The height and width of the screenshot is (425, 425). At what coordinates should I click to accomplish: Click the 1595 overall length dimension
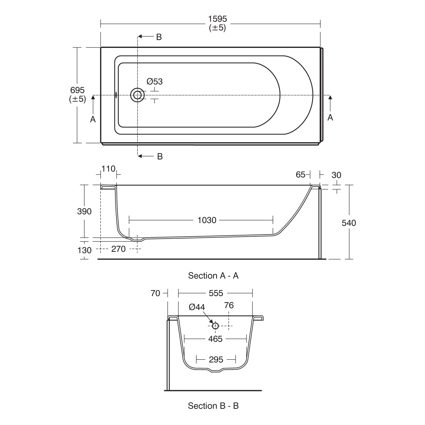click(218, 19)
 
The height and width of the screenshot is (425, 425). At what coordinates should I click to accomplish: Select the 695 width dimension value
click(77, 90)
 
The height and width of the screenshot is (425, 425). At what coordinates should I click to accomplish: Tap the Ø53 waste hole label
click(155, 82)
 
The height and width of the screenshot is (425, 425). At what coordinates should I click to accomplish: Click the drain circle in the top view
click(137, 95)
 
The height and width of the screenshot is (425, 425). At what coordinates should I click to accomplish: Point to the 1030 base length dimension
click(207, 220)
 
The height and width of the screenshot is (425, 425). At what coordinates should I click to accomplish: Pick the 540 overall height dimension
click(349, 223)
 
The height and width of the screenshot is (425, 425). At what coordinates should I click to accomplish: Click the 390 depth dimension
click(84, 211)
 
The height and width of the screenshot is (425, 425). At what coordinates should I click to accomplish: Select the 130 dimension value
click(84, 250)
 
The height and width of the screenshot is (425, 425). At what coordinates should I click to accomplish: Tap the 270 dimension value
click(118, 249)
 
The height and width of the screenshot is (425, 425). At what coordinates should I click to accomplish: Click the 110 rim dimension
click(109, 169)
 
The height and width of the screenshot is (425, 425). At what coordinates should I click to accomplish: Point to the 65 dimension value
click(301, 175)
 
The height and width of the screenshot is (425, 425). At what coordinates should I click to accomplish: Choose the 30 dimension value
click(336, 175)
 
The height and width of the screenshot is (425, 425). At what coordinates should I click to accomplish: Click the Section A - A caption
click(213, 276)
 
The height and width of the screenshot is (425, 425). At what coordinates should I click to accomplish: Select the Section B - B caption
click(213, 406)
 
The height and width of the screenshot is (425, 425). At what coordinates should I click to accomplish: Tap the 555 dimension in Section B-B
click(216, 293)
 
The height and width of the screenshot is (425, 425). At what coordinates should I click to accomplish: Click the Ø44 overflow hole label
click(197, 307)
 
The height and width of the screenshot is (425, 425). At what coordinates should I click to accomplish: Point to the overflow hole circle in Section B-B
click(215, 326)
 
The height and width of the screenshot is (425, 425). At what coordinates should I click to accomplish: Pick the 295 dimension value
click(216, 360)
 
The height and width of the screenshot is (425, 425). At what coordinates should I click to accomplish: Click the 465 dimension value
click(215, 339)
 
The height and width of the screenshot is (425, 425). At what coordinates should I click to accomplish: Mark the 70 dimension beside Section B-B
click(156, 293)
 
